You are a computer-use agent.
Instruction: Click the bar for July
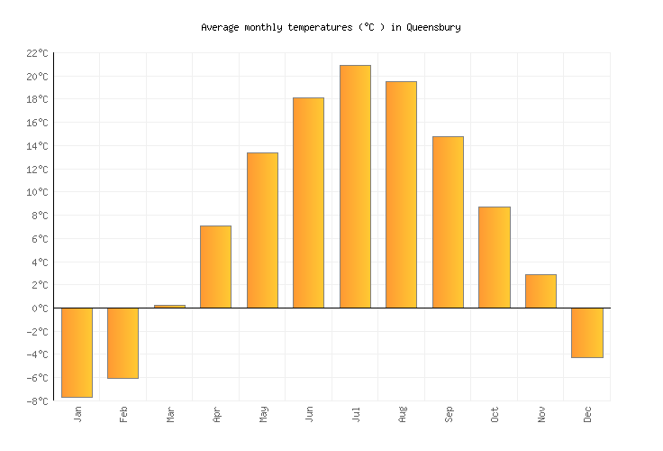click(x=355, y=187)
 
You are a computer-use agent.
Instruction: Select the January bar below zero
click(x=77, y=352)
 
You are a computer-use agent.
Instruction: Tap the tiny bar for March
click(x=169, y=307)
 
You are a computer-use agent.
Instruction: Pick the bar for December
click(x=586, y=333)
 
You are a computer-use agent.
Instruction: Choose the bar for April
click(x=215, y=267)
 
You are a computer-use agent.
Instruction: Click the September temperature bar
click(x=448, y=222)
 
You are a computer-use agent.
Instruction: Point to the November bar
click(x=540, y=291)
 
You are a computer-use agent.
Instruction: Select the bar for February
click(x=123, y=343)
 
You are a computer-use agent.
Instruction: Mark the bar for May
click(x=262, y=230)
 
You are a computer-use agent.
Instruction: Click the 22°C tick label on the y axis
click(x=36, y=53)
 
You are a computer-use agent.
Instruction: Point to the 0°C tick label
click(x=39, y=308)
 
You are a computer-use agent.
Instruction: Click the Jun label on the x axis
click(x=310, y=414)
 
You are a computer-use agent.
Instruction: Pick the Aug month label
click(x=403, y=414)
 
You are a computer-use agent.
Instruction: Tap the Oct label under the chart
click(x=495, y=414)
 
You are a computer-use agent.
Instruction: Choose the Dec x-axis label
click(x=588, y=414)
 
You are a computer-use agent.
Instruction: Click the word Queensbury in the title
click(x=433, y=27)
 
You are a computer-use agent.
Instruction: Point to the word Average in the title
click(x=220, y=27)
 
